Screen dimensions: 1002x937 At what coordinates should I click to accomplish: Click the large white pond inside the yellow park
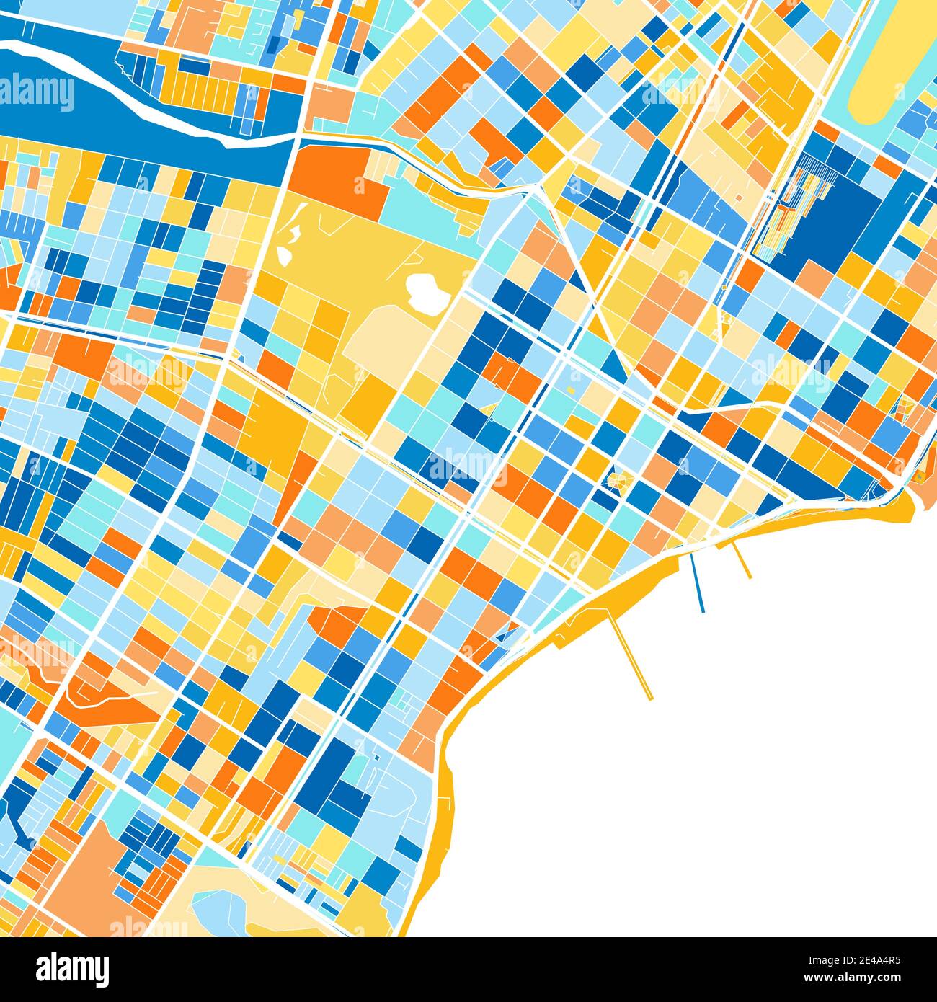(425, 290)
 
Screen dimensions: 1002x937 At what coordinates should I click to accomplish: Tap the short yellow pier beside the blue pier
(742, 561)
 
